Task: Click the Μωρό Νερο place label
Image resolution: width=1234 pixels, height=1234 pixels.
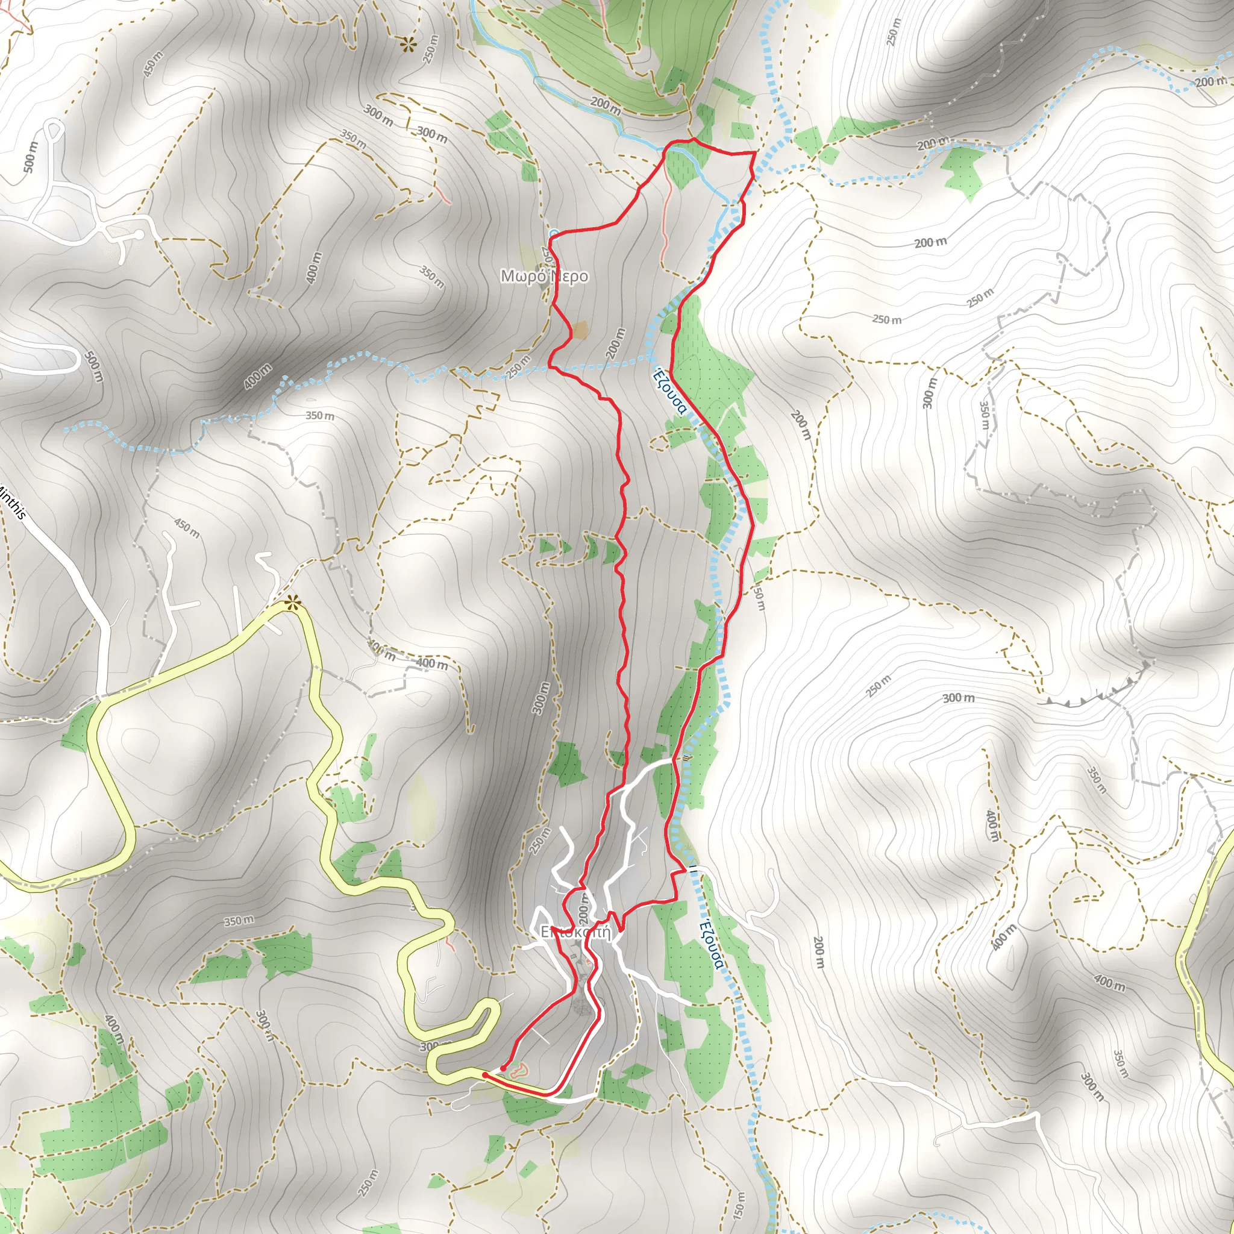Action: pos(543,276)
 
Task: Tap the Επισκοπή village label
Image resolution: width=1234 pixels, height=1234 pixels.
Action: pos(575,932)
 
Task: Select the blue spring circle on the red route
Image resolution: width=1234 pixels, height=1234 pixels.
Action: pos(554,233)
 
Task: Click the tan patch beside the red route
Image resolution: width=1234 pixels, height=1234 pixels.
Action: pos(581,330)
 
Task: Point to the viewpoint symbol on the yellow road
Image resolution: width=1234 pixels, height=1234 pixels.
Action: pos(292,602)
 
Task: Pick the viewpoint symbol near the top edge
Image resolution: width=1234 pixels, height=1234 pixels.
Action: pos(407,44)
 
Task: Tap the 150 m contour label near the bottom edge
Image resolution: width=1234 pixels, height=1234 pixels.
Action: pos(738,1204)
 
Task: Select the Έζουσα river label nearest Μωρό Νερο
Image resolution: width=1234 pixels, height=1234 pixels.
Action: pos(669,391)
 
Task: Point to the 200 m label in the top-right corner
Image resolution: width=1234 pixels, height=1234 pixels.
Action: pos(1211,82)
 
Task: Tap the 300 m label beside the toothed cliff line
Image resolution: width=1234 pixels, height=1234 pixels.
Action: pos(959,698)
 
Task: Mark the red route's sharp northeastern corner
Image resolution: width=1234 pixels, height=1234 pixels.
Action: pos(756,153)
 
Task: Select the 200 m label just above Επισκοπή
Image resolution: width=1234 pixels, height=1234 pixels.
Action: pos(583,906)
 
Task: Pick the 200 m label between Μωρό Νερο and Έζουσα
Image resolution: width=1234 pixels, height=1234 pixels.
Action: pos(615,343)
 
